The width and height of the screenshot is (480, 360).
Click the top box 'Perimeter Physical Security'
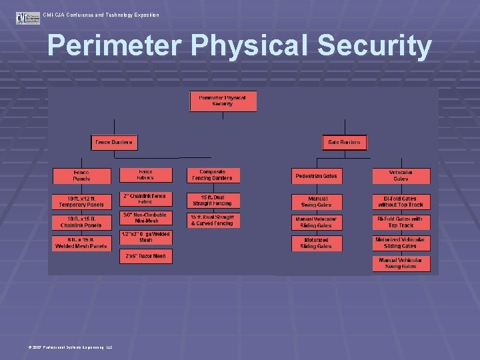223,101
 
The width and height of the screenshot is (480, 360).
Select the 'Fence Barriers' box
113,143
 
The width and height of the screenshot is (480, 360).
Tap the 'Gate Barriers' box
344,143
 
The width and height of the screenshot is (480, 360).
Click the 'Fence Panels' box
81,176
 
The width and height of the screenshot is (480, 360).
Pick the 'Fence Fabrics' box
145,175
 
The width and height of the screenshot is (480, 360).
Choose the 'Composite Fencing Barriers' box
211,175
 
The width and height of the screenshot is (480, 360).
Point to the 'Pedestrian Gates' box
316,177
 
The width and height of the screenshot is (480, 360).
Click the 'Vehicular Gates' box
401,176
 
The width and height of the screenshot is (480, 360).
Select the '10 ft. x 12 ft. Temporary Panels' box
81,201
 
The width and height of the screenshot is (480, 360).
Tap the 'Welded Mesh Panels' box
81,243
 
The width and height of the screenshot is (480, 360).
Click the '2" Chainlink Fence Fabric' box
145,199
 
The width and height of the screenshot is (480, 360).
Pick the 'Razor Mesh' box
145,256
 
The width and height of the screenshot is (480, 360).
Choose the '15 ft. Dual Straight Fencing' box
211,199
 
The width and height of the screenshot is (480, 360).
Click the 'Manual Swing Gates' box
316,202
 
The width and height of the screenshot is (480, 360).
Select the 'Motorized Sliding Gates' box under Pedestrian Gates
316,243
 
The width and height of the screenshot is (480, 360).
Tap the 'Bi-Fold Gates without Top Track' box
401,202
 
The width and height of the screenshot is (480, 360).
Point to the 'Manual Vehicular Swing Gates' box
401,264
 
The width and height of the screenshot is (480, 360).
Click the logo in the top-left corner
28,17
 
